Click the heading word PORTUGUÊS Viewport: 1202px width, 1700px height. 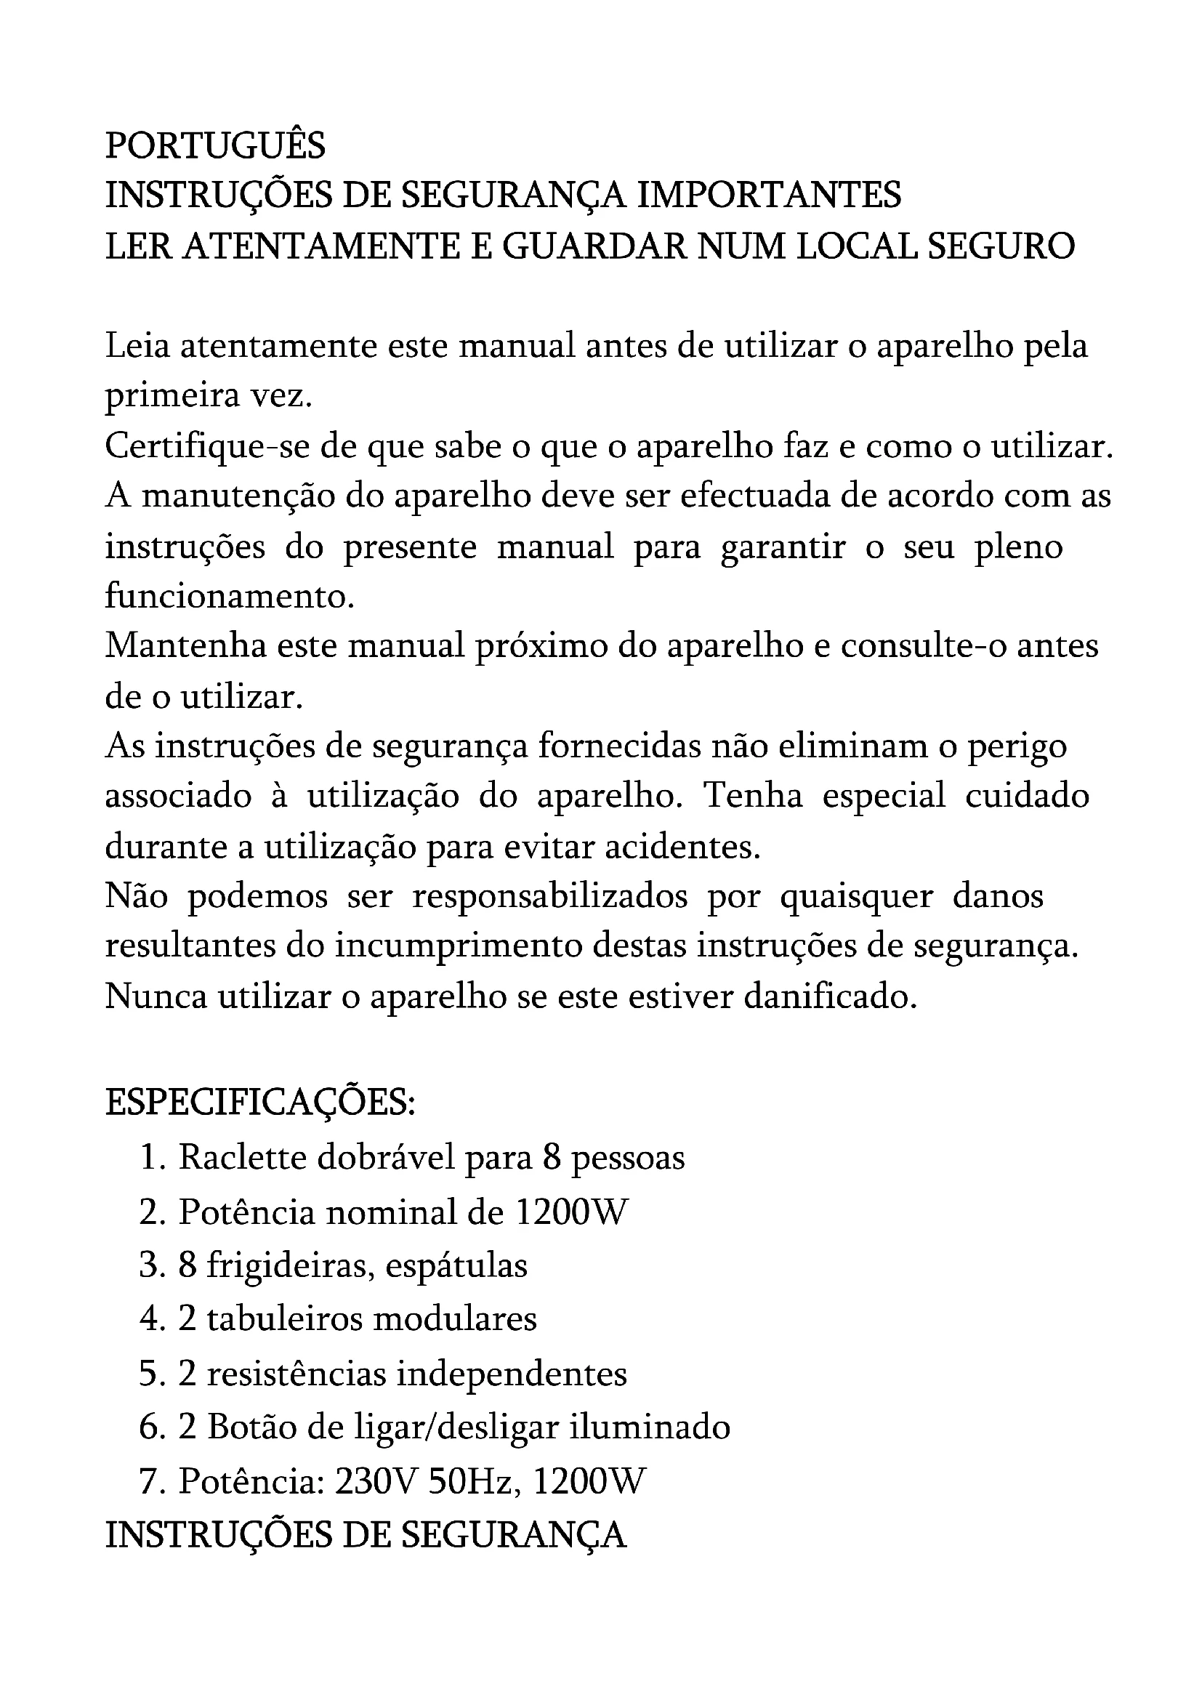tap(214, 146)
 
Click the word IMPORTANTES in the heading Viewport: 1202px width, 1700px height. tap(769, 196)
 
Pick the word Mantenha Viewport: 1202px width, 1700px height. tap(186, 646)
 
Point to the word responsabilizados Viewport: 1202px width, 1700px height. tap(550, 897)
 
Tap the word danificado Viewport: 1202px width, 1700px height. tap(830, 996)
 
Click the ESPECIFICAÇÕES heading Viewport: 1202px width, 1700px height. tap(261, 1103)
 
